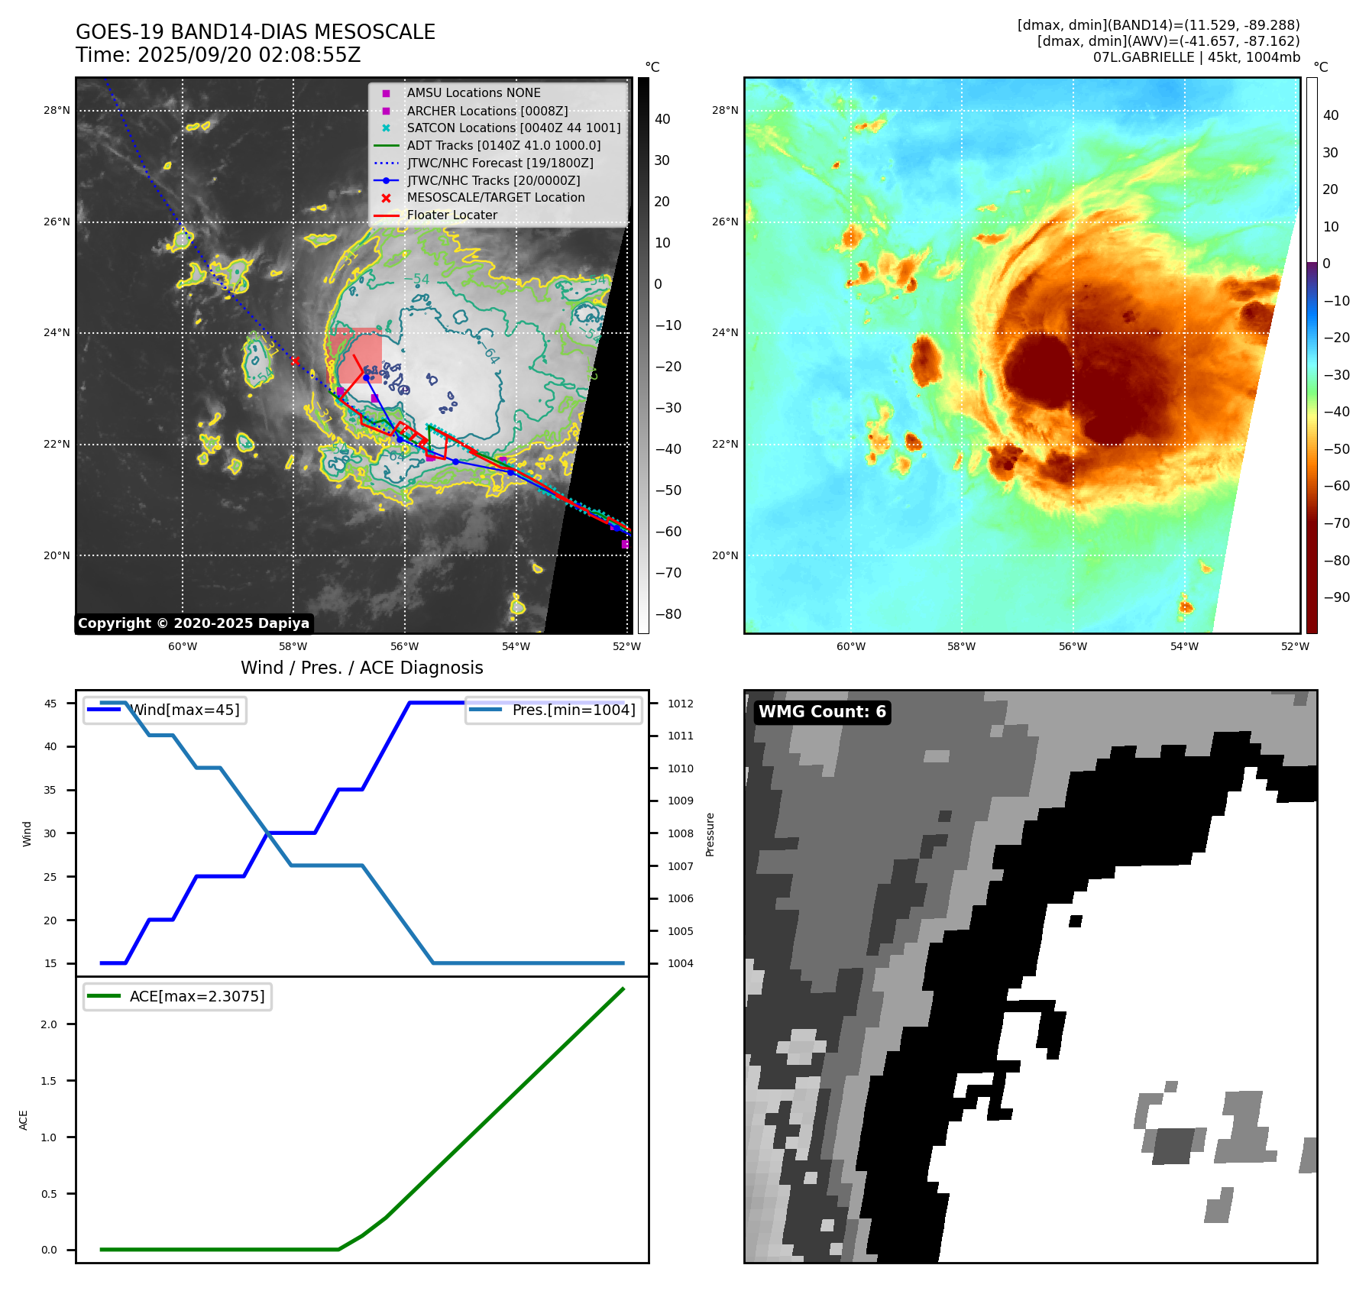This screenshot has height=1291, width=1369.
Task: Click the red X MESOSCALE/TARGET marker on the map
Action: pyautogui.click(x=295, y=361)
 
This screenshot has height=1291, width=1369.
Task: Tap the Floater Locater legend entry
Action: pyautogui.click(x=451, y=215)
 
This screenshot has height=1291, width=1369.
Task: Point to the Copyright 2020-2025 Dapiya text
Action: pyautogui.click(x=193, y=623)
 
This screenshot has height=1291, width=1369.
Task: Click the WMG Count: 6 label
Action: pyautogui.click(x=822, y=712)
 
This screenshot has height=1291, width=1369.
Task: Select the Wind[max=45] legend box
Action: pyautogui.click(x=165, y=710)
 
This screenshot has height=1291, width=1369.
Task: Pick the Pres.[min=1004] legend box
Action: pyautogui.click(x=554, y=710)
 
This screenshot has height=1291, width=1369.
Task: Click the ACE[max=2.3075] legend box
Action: pyautogui.click(x=177, y=997)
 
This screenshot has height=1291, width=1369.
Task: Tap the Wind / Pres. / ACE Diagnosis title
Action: pyautogui.click(x=361, y=668)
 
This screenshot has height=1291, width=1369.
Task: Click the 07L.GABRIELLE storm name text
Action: pyautogui.click(x=1143, y=57)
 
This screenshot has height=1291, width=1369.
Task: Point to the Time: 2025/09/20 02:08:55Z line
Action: pyautogui.click(x=218, y=56)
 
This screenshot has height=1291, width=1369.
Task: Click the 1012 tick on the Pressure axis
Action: pyautogui.click(x=681, y=704)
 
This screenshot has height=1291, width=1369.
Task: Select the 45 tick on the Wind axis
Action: pyautogui.click(x=50, y=704)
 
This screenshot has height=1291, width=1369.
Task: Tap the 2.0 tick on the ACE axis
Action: pyautogui.click(x=49, y=1024)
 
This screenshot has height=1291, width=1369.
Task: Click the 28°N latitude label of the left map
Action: pyautogui.click(x=57, y=111)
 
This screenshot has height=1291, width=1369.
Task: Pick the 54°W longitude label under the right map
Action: pyautogui.click(x=1184, y=646)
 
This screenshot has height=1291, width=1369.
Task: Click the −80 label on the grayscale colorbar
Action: pyautogui.click(x=668, y=614)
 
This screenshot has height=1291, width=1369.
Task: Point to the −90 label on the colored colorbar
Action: pyautogui.click(x=1336, y=597)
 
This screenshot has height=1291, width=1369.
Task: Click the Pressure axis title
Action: pyautogui.click(x=710, y=834)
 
